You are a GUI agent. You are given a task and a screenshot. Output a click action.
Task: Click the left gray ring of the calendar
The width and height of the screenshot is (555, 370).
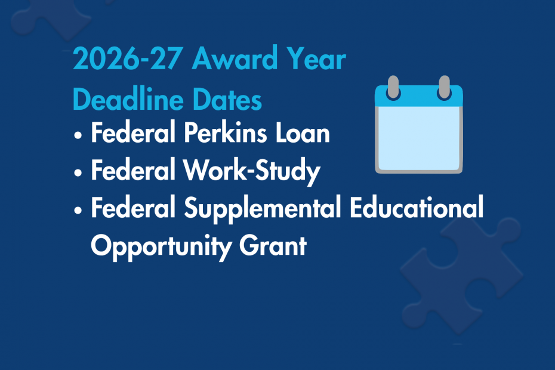click(394, 88)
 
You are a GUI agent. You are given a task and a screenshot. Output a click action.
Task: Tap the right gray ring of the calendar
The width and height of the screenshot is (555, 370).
click(443, 88)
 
